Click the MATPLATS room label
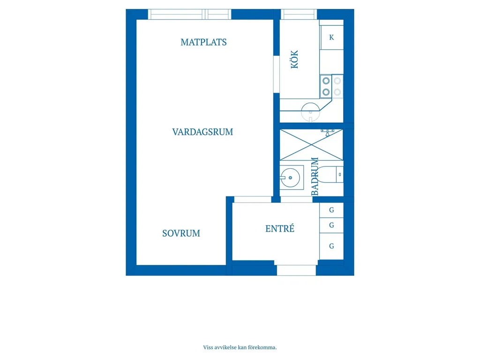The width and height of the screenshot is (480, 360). pos(203,42)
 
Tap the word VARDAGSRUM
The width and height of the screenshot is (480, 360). pos(202,132)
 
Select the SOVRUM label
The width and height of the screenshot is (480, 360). pos(181,233)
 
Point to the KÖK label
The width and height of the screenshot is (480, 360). pos(294,60)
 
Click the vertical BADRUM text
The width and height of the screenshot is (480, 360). pos(315,176)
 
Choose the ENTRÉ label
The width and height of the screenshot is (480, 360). pos(280,228)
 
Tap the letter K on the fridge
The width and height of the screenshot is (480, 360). pos(331,37)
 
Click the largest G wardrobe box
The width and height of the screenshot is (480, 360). pos(331,247)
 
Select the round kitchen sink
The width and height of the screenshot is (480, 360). pos(310,112)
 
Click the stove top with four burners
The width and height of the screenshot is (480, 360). pos(331,86)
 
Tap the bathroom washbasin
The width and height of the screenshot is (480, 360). pos(290,178)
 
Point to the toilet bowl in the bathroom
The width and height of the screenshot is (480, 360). pos(327,174)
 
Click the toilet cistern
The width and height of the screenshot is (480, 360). pos(340,174)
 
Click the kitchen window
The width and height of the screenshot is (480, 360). pos(299,15)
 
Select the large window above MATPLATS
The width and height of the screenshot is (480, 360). pos(189,15)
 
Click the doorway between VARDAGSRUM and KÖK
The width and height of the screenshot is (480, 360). pos(277,75)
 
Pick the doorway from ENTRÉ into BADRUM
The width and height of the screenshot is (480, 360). pos(296,200)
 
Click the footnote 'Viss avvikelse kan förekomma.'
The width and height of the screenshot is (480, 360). pos(240,347)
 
